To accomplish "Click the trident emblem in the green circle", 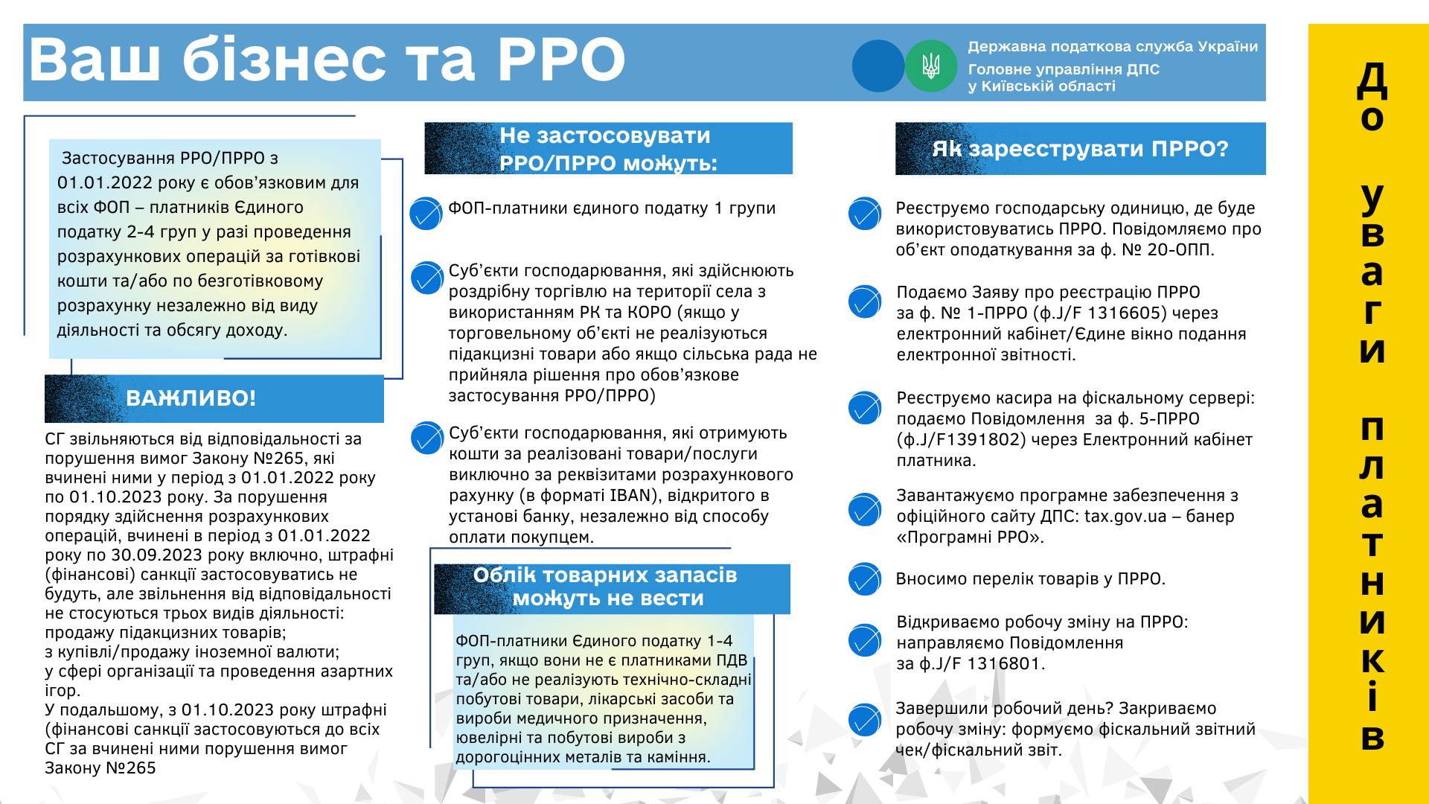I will pos(930,66).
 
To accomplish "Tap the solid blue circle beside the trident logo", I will pos(878,66).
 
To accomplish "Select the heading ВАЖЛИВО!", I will pos(191,398).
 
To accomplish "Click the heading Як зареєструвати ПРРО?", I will pos(1080,149).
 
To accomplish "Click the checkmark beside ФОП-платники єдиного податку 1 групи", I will pos(426,214).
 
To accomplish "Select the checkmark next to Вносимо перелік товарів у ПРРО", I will pos(864,580).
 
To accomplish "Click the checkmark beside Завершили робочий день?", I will pos(864,720).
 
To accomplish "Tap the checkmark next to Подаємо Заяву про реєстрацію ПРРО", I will pos(864,301).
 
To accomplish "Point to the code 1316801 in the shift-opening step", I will pos(1006,663).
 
